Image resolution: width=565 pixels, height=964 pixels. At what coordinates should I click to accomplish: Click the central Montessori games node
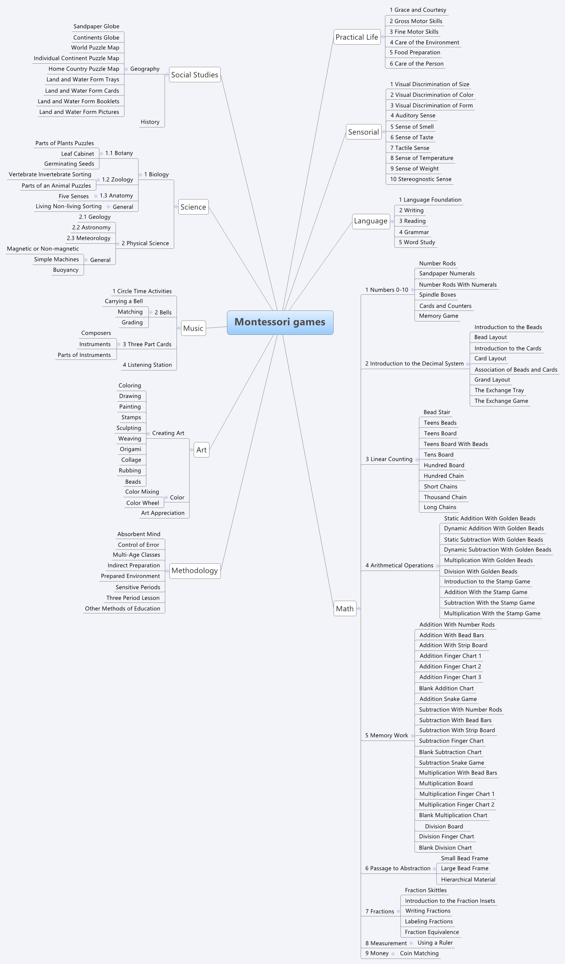[x=280, y=322]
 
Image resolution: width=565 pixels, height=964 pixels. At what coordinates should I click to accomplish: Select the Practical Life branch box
[x=357, y=37]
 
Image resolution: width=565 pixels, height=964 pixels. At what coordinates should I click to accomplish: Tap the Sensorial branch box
[x=363, y=132]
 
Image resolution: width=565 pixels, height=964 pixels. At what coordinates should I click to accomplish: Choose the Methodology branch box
[x=194, y=571]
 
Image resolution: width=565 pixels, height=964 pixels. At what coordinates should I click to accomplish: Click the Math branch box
[x=345, y=609]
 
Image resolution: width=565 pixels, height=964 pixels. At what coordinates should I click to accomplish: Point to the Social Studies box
[x=194, y=75]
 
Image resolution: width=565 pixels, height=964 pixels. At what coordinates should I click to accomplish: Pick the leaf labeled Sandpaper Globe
[x=96, y=26]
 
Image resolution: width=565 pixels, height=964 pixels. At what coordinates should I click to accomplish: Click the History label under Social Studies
[x=150, y=122]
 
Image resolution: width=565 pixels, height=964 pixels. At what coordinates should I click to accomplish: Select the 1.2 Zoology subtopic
[x=117, y=180]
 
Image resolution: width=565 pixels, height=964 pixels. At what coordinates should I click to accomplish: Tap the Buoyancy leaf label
[x=66, y=270]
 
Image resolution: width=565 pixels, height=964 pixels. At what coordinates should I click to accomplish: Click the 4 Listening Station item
[x=147, y=365]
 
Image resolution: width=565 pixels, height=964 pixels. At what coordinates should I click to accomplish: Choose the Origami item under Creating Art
[x=130, y=449]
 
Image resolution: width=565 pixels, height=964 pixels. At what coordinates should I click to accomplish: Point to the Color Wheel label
[x=142, y=503]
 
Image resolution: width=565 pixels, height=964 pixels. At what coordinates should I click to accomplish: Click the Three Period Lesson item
[x=133, y=598]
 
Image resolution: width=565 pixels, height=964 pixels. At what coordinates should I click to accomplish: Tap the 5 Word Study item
[x=417, y=242]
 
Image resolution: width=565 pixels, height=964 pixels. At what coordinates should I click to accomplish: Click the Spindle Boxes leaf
[x=437, y=295]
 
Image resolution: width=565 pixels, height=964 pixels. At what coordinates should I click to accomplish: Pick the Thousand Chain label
[x=445, y=497]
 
